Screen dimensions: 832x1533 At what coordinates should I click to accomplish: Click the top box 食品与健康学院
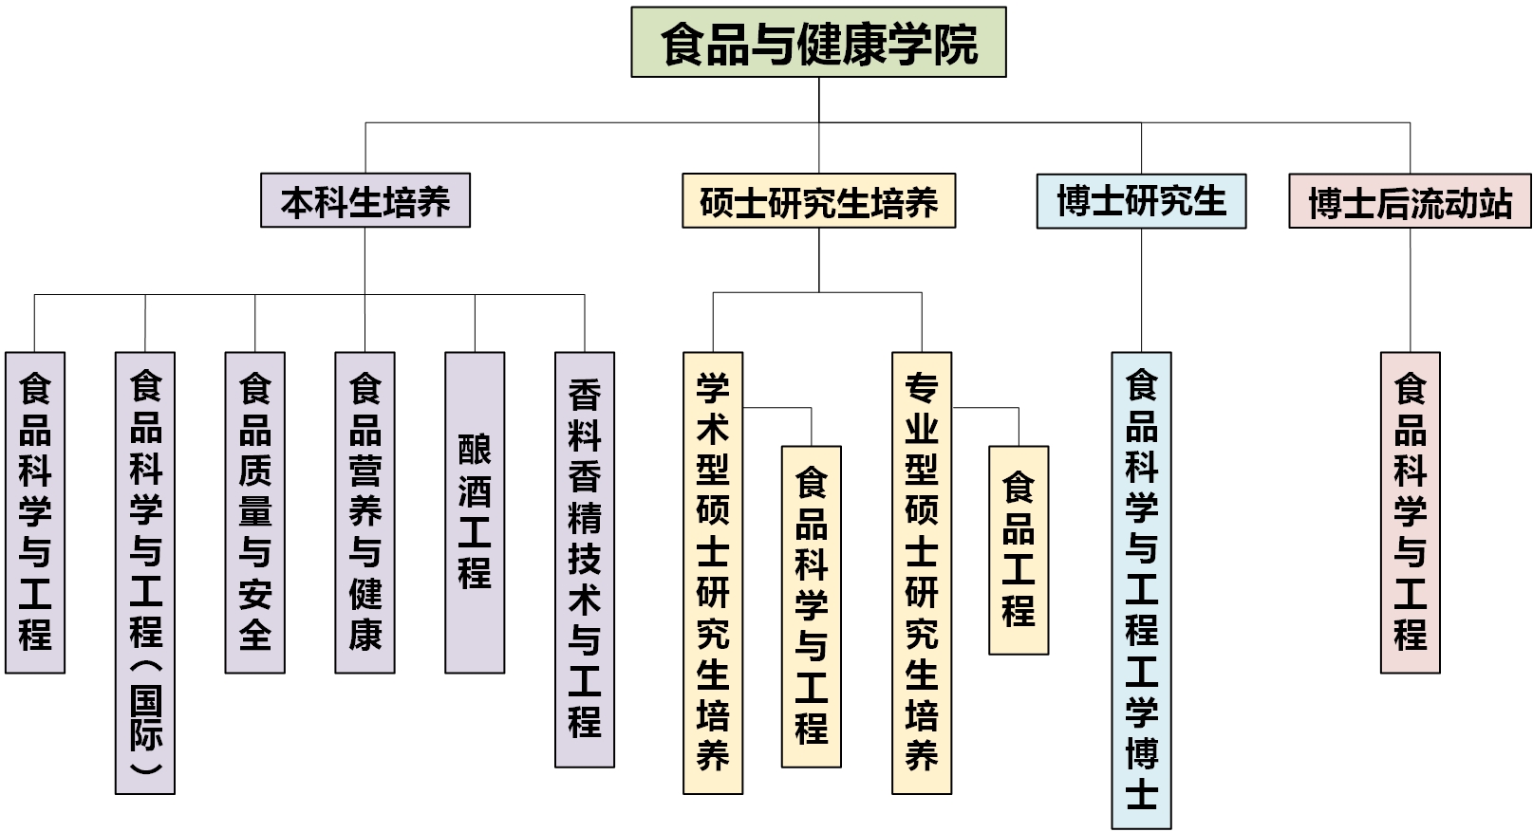click(x=818, y=43)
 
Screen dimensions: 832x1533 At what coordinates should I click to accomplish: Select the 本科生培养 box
click(x=365, y=201)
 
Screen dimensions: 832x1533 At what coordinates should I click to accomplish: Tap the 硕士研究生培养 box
click(x=818, y=201)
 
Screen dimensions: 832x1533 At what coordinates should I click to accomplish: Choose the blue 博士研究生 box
click(x=1141, y=201)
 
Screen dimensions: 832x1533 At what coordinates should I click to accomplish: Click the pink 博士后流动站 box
click(x=1410, y=201)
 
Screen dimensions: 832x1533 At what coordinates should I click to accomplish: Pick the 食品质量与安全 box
click(x=254, y=512)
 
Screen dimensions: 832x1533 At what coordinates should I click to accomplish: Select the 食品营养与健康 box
click(x=365, y=512)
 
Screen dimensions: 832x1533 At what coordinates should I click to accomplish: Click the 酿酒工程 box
click(x=475, y=512)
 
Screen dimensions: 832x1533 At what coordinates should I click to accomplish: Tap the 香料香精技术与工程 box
click(x=585, y=560)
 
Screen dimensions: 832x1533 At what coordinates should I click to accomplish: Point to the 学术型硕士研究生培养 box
click(x=713, y=573)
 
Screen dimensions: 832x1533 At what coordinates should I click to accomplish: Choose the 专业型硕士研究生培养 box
click(x=922, y=573)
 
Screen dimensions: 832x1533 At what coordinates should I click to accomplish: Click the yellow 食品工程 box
click(x=1019, y=550)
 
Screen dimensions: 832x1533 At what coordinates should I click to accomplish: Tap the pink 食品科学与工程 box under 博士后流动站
click(x=1410, y=512)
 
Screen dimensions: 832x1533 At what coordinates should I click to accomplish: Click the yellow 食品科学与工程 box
click(x=812, y=606)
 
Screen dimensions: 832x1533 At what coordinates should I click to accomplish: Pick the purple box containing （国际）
click(x=145, y=573)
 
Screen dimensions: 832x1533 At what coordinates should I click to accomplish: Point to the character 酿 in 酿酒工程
click(x=475, y=451)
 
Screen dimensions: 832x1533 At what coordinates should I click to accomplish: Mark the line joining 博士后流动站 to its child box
click(x=1410, y=289)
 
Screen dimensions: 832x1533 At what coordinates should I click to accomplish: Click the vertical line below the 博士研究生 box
click(x=1141, y=289)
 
